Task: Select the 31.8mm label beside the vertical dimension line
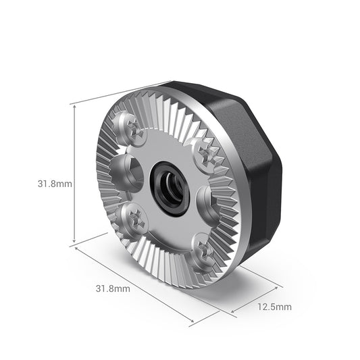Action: pyautogui.click(x=37, y=183)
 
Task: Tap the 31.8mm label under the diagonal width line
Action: pyautogui.click(x=112, y=288)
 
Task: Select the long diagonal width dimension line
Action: pyautogui.click(x=145, y=283)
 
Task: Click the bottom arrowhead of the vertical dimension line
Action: pyautogui.click(x=72, y=242)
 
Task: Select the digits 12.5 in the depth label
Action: pyautogui.click(x=267, y=307)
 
